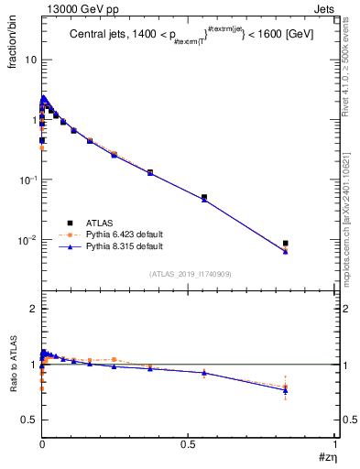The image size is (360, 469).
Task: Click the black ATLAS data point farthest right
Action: pyautogui.click(x=286, y=243)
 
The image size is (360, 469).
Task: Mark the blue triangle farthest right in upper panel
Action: pyautogui.click(x=286, y=250)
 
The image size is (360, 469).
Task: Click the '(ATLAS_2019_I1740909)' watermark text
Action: pyautogui.click(x=190, y=274)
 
